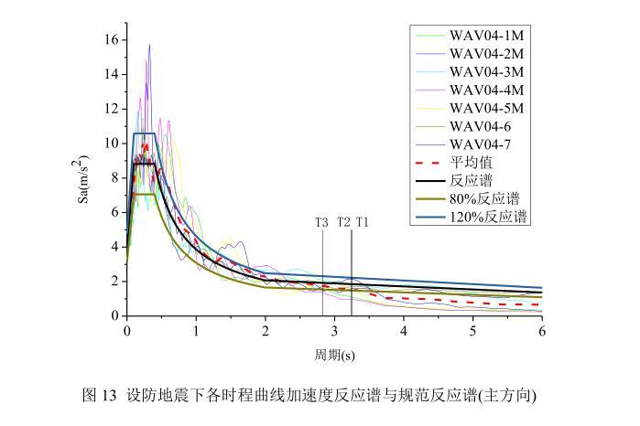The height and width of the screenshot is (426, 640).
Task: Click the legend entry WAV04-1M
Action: click(484, 36)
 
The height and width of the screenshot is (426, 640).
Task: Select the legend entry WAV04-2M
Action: click(484, 54)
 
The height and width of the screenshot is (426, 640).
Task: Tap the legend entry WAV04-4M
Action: click(484, 90)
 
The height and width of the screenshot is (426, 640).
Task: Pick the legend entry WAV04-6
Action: click(480, 125)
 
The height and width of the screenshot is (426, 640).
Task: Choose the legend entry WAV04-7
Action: click(480, 144)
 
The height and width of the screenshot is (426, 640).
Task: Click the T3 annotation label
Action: click(322, 222)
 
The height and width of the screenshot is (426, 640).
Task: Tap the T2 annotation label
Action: click(343, 222)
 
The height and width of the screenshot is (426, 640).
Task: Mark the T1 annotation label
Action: click(363, 222)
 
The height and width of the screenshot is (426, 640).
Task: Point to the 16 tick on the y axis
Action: click(110, 40)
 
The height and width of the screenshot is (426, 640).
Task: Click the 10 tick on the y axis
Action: click(110, 144)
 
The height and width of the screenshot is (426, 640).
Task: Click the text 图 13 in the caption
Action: click(100, 397)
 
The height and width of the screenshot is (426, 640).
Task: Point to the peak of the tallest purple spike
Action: click(149, 44)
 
